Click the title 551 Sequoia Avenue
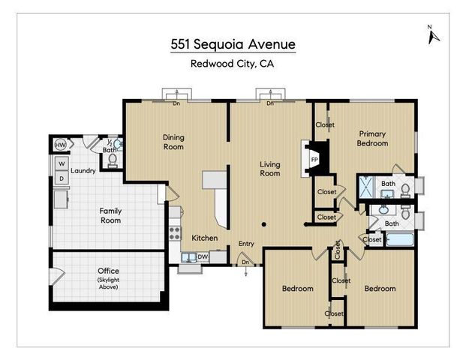coord(233,44)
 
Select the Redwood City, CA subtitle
coord(233,64)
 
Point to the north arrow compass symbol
coord(431,35)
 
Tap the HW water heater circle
coord(60,144)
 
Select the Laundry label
coord(83,170)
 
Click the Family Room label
coord(110,216)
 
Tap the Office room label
coord(108,271)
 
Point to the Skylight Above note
coord(108,283)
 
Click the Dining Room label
coord(173,142)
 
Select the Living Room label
coord(269,169)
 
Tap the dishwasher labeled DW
coord(202,256)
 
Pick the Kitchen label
coord(204,238)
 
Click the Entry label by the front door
coord(246,244)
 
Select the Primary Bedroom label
coord(372,138)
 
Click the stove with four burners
coord(175,232)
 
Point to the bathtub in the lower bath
coord(399,240)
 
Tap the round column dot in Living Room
coord(264,223)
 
